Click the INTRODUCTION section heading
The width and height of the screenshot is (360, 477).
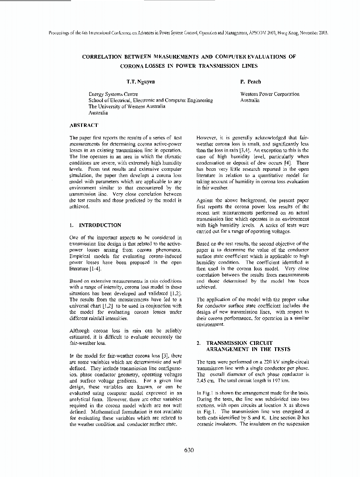coord(100,225)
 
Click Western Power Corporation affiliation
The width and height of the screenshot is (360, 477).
coord(269,94)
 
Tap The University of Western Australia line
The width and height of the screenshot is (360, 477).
coord(127,107)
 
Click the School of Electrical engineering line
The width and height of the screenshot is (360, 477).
coord(151,101)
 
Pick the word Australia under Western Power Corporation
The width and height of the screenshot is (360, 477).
coord(250,101)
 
